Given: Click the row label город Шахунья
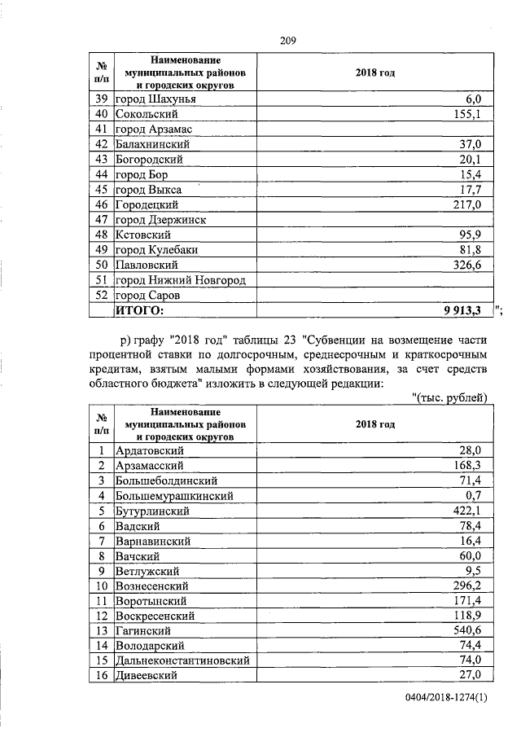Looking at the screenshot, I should [155, 99].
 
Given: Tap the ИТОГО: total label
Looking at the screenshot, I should [139, 310].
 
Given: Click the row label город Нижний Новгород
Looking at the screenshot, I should [180, 280].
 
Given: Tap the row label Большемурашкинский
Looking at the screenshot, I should [175, 495].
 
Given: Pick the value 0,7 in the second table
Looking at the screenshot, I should [475, 495].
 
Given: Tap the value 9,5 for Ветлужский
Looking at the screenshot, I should [475, 571].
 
